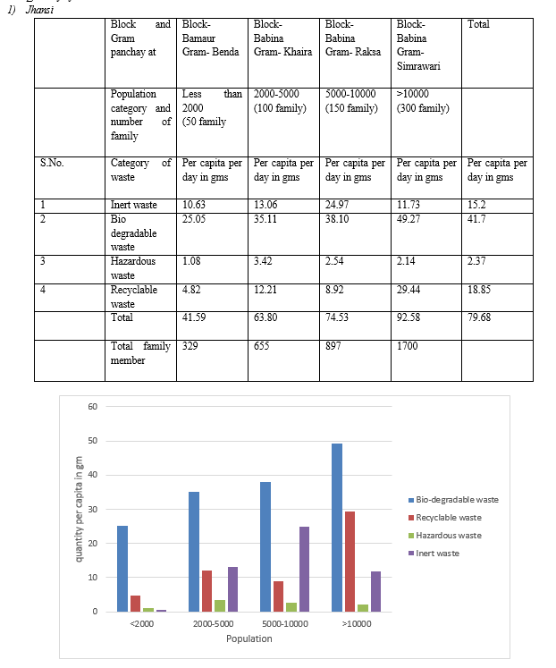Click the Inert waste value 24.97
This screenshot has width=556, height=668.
[x=337, y=205]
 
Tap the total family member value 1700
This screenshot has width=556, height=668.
[x=407, y=346]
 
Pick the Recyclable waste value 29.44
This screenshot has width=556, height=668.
[x=409, y=290]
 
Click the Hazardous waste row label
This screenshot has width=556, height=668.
[x=133, y=268]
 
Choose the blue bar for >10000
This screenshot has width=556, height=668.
[x=337, y=528]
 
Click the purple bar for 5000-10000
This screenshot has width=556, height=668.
[x=305, y=569]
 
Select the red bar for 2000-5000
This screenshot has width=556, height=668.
[x=206, y=591]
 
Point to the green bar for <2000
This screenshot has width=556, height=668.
[x=148, y=610]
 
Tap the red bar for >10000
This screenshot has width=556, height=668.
[x=350, y=562]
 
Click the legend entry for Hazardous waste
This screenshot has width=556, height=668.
[x=445, y=536]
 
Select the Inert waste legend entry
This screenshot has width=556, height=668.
[x=434, y=554]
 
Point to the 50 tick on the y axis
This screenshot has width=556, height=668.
[x=93, y=441]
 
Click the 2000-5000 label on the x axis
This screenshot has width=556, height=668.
[x=214, y=623]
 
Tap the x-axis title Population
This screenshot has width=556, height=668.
[x=249, y=638]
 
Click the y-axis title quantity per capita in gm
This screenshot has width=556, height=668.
[x=79, y=509]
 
